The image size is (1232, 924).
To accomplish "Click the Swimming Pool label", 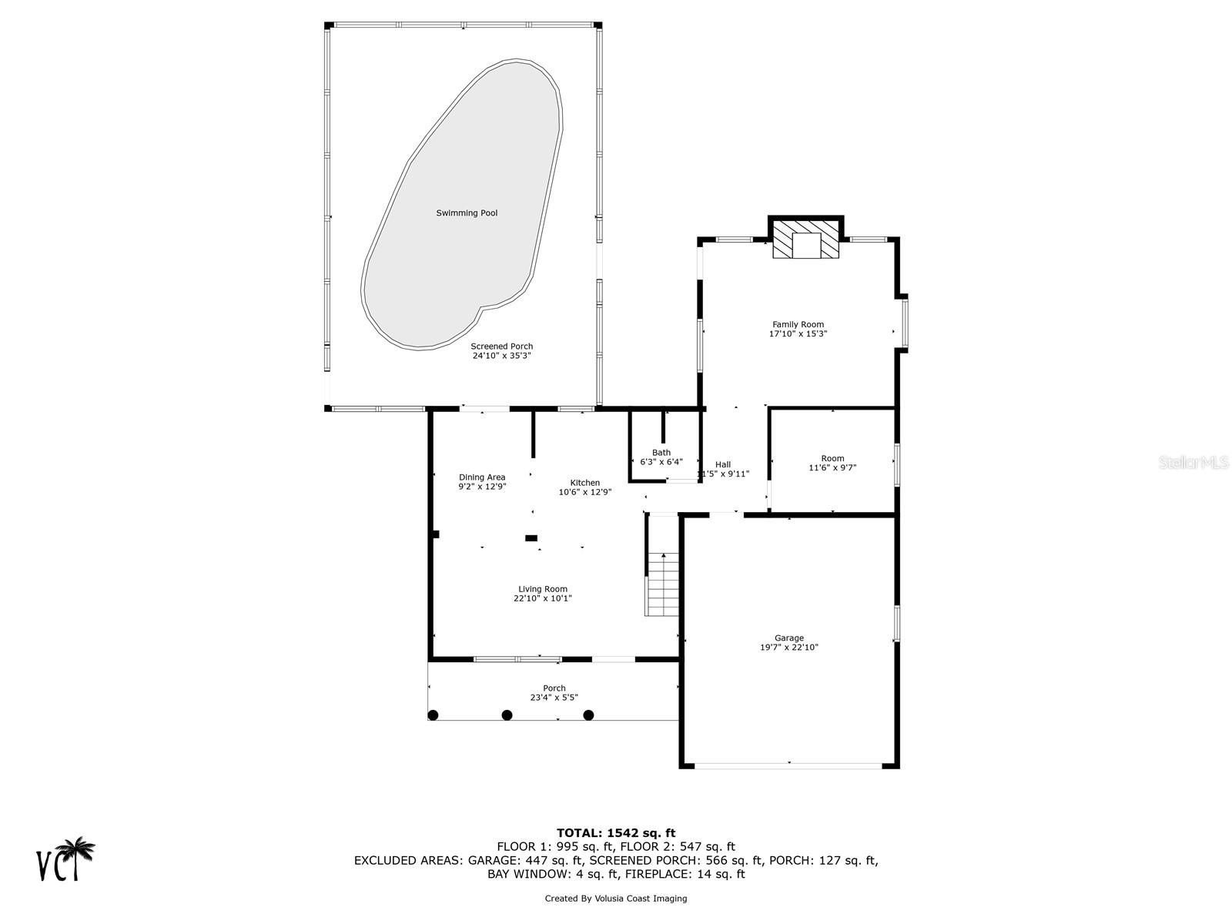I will point(467,213).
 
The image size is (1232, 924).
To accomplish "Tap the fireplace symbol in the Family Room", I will point(806,241).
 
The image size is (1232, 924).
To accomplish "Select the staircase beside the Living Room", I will point(662,584).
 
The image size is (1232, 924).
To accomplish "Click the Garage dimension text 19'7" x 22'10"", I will point(788,648).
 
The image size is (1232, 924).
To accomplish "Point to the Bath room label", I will point(661,453).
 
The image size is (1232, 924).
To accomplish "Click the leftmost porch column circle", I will point(433,715).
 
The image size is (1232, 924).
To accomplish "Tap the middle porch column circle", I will point(507,715).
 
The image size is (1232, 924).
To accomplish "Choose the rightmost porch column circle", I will point(588,715).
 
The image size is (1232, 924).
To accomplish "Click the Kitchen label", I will point(584,483).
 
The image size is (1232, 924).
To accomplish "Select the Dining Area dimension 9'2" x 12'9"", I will point(482,487).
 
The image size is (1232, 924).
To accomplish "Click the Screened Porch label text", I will point(501,346).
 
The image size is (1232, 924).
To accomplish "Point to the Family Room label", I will point(798,325).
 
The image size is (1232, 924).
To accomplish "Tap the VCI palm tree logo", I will point(66,859).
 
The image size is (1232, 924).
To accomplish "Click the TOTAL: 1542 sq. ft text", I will point(615,832).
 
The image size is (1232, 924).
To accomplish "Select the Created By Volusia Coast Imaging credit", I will point(615,899).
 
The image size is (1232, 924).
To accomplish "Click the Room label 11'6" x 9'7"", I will point(832,463).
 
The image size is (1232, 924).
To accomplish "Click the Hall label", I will point(722,464).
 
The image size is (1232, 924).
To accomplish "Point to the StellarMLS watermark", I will point(1193,462).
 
